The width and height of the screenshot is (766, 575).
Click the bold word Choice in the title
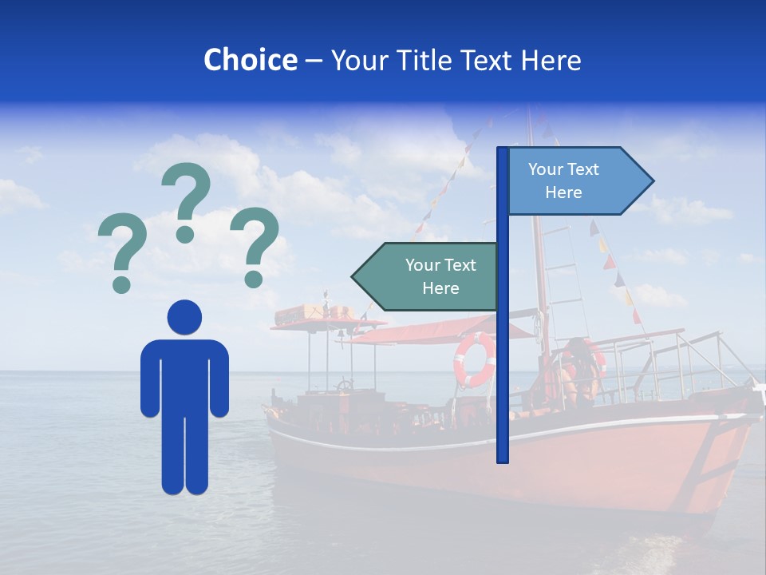click(250, 60)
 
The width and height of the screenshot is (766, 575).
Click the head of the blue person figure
click(184, 317)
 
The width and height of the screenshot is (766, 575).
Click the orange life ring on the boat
click(474, 359)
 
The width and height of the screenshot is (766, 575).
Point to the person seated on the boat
click(578, 371)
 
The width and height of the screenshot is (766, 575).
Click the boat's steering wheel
click(344, 386)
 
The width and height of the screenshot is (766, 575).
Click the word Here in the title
click(551, 60)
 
